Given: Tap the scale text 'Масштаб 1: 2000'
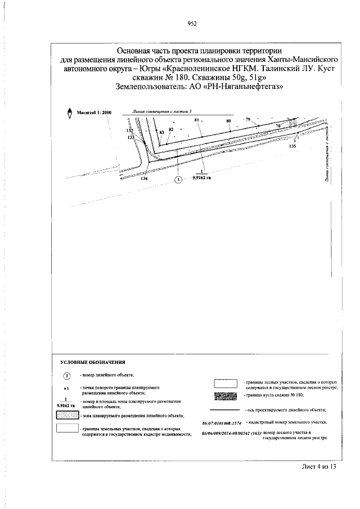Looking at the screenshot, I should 94,112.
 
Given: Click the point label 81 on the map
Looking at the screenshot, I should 197,120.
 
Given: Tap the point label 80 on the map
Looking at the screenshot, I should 229,121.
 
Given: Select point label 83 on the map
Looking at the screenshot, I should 162,132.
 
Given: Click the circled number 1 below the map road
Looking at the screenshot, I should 178,179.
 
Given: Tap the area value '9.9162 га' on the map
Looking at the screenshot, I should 201,177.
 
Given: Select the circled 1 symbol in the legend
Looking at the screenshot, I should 66,376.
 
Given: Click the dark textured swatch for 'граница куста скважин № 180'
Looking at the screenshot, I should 227,397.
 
